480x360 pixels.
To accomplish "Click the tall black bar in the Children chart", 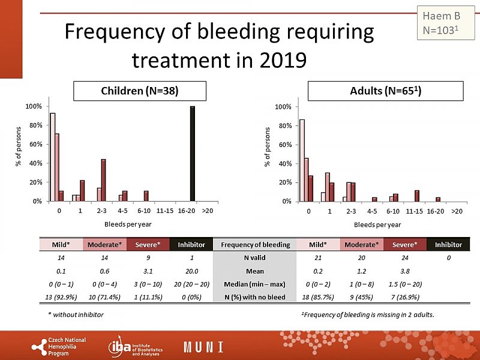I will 193,154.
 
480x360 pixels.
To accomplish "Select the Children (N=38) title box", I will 140,91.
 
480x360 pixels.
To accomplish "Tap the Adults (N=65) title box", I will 386,91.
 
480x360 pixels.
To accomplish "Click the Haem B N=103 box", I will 441,22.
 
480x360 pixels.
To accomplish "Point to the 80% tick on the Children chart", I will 34,125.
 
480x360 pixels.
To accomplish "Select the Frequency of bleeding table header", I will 256,245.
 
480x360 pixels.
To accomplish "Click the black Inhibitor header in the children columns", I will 191,245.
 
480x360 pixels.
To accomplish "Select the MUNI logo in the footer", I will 203,347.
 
